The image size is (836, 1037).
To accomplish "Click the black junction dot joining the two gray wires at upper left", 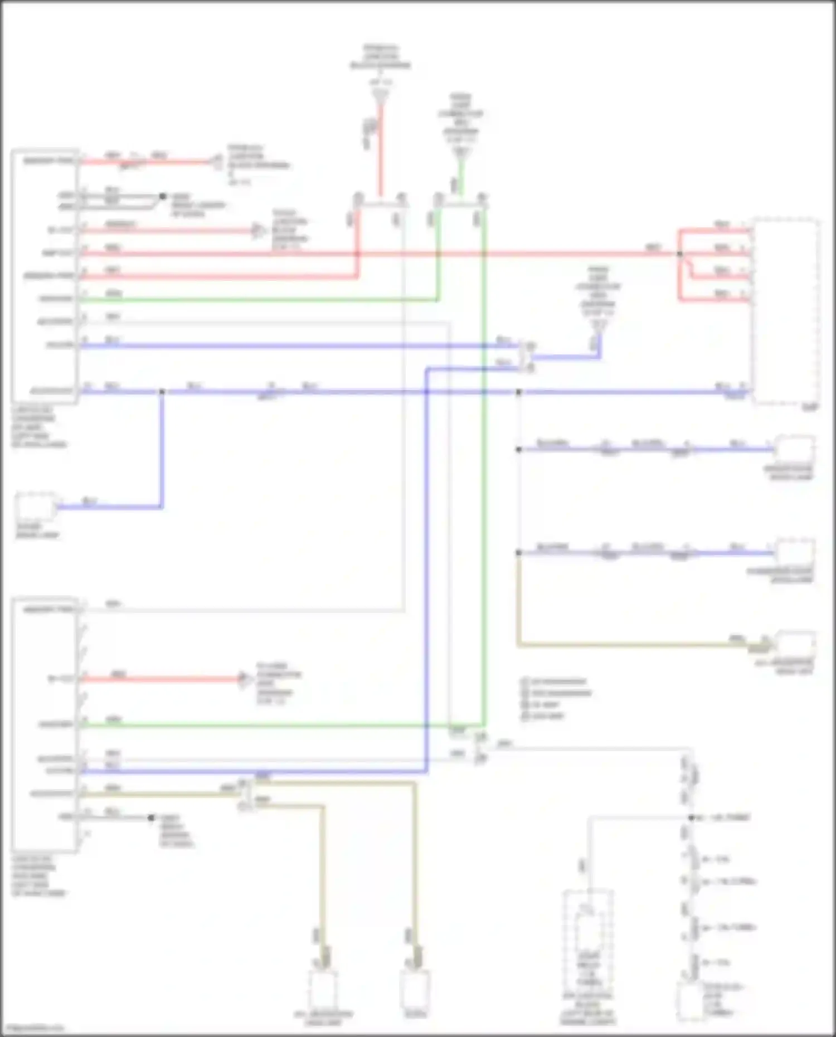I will (x=163, y=196).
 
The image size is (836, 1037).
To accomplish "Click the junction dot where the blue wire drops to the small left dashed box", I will (x=162, y=392).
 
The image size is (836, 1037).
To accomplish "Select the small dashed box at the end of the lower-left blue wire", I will (x=36, y=507).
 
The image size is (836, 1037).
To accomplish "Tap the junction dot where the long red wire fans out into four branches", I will (x=679, y=254).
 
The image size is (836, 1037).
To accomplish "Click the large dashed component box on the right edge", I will (x=786, y=312).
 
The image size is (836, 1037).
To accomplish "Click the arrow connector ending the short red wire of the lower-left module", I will (x=244, y=679).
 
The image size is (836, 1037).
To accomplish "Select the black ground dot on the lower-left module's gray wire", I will (x=151, y=817).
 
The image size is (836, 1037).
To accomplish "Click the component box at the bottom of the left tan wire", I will (x=323, y=989).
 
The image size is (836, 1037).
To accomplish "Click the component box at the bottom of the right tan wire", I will (x=415, y=987).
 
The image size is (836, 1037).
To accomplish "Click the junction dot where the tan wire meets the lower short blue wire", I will (x=519, y=553).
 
